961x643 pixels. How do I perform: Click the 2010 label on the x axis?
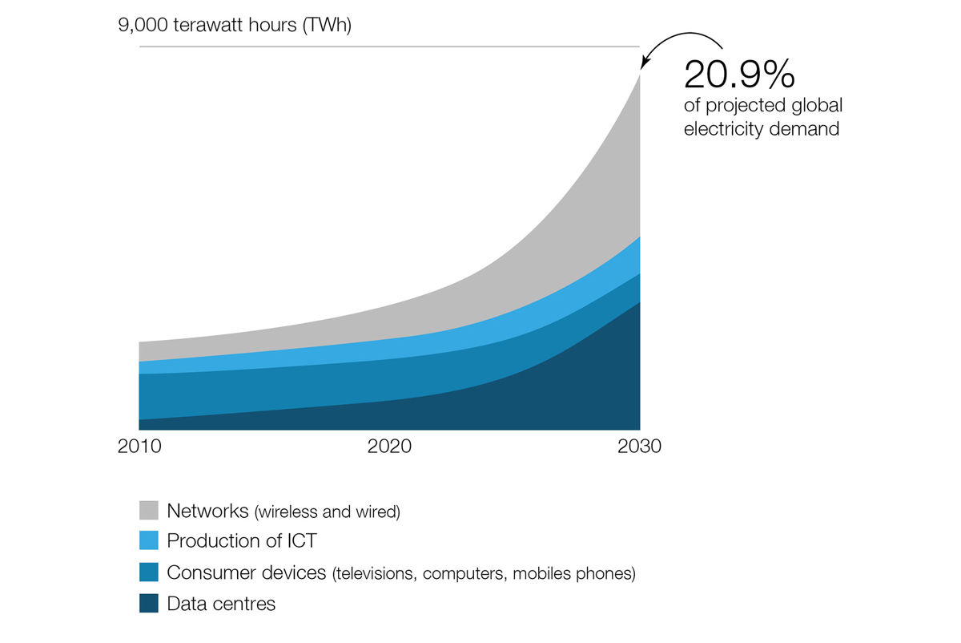139,447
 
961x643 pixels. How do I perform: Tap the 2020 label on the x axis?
389,447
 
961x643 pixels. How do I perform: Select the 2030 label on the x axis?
639,447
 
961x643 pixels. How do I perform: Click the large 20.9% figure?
738,75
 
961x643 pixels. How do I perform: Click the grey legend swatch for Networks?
148,510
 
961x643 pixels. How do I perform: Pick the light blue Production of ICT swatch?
148,541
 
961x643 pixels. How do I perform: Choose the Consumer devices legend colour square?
148,572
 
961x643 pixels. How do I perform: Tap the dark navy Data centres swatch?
148,604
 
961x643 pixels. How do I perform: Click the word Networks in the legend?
207,511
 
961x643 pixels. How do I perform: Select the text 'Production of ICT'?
242,541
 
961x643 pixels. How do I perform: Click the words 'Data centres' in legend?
221,604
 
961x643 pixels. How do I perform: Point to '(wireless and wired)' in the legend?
326,512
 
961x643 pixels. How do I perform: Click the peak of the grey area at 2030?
638,75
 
